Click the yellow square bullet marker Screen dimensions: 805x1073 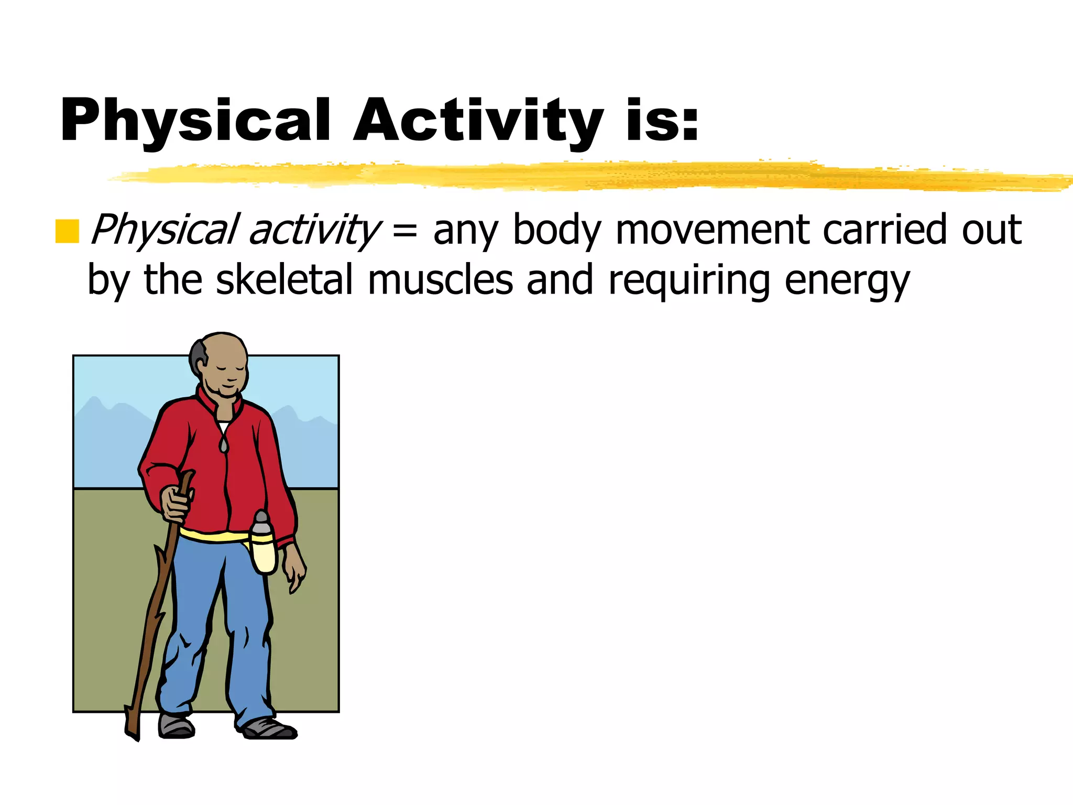67,232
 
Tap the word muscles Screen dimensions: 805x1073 440,280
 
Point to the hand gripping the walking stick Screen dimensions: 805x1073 176,503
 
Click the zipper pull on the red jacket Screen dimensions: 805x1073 224,444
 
